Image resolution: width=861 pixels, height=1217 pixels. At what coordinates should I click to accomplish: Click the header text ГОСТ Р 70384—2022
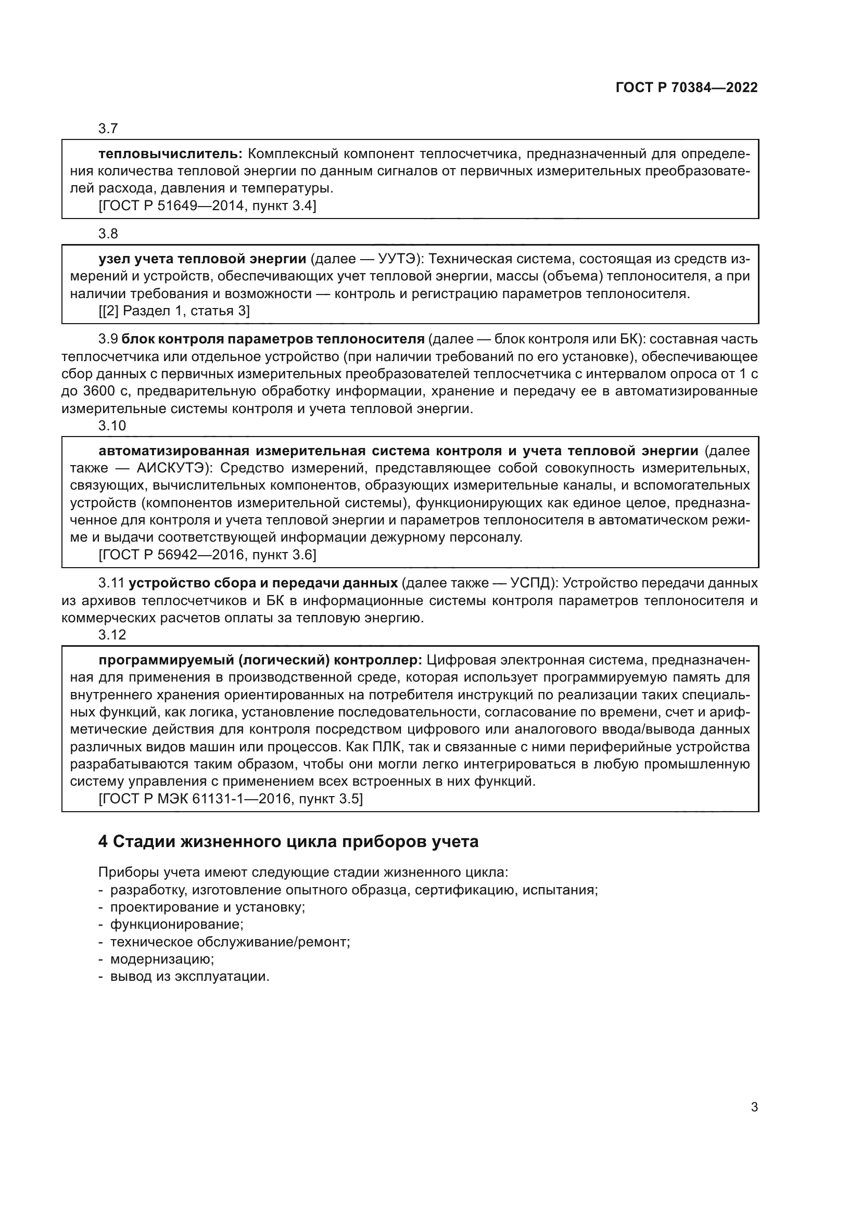(x=687, y=87)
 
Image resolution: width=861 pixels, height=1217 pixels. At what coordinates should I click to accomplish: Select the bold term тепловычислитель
(x=170, y=153)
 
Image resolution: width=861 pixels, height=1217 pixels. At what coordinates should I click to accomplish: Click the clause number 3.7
(x=108, y=129)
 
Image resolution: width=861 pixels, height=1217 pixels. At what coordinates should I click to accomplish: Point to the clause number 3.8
(x=108, y=233)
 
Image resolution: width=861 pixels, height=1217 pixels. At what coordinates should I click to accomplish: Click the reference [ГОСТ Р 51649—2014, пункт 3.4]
(x=207, y=206)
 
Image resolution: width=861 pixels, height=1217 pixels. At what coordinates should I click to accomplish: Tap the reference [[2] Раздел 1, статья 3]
(x=174, y=311)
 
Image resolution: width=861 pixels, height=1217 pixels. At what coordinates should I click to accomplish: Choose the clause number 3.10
(x=112, y=426)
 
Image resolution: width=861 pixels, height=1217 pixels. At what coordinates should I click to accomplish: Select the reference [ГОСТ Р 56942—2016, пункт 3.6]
(x=207, y=555)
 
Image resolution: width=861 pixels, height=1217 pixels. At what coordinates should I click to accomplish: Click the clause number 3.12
(x=112, y=634)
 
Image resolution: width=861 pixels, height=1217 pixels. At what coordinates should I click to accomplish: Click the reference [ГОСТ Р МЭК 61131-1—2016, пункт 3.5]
(x=231, y=799)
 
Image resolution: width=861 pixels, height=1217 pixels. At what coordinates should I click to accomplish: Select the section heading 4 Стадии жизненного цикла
(x=288, y=841)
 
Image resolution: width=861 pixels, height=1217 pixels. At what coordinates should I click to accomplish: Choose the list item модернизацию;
(x=162, y=959)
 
